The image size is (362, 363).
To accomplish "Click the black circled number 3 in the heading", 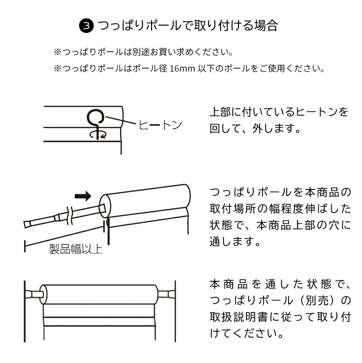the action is tap(86, 26).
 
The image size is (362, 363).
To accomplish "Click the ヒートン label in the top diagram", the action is tap(160, 125).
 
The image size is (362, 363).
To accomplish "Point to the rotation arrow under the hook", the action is tap(98, 134).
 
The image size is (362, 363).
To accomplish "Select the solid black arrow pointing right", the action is tap(83, 196).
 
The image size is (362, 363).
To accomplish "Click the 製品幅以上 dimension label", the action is tap(76, 249).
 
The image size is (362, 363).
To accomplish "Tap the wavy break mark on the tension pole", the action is tap(70, 215).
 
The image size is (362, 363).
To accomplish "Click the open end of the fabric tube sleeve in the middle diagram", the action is tap(105, 206).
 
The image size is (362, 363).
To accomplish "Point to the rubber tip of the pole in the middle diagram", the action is tap(28, 224).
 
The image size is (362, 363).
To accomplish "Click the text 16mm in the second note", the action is tap(182, 69).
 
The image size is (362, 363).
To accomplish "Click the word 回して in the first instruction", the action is tap(225, 129).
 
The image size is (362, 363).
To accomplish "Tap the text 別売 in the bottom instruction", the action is tap(317, 301).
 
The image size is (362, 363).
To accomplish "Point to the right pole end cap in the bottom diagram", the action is tap(166, 294).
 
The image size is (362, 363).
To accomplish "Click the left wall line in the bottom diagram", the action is tap(25, 311).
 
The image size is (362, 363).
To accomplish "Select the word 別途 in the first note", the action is tap(141, 52).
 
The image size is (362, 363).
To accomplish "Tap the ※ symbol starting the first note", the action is tap(57, 52).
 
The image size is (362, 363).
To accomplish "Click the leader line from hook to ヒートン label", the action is tap(121, 120).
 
